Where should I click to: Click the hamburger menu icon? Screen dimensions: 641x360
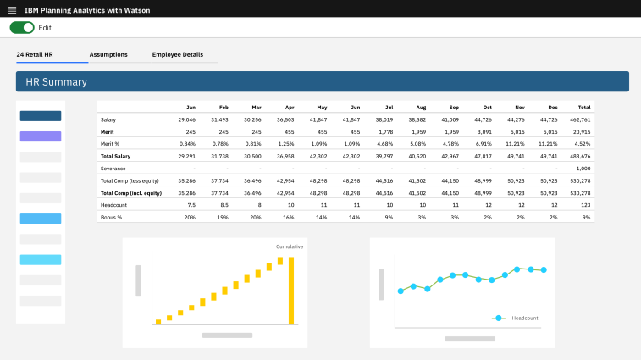tap(12, 10)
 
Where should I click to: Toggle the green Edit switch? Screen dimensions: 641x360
tap(22, 27)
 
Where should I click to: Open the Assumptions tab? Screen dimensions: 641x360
tap(108, 54)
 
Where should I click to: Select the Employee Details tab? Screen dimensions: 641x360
tap(178, 54)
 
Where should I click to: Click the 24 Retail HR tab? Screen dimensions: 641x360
tap(35, 54)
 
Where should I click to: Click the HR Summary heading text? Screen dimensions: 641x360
tap(57, 82)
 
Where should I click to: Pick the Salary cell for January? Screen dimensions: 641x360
tap(187, 120)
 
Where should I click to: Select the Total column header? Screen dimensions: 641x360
tap(584, 108)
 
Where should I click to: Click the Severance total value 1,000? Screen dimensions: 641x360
tap(583, 169)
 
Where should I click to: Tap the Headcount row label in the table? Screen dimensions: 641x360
tap(113, 205)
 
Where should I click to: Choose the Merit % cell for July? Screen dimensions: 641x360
tap(384, 144)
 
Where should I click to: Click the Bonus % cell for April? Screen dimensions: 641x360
tap(289, 217)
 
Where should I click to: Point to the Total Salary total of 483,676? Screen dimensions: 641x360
tap(580, 156)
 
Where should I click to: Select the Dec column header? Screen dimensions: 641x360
tap(553, 108)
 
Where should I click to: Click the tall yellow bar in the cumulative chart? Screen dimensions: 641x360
tap(291, 291)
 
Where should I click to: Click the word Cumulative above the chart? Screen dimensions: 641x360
tap(290, 246)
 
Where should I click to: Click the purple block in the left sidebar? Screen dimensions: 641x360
tap(41, 136)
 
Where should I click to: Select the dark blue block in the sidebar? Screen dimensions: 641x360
tap(41, 116)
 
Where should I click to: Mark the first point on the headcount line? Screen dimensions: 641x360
tap(401, 291)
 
